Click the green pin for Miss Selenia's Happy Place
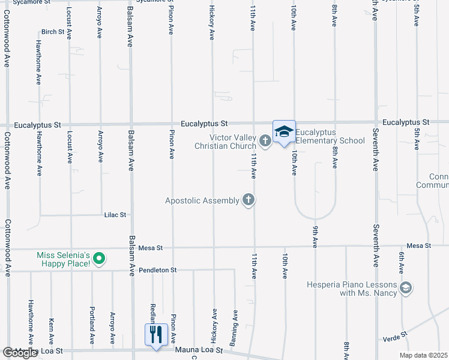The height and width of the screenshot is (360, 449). point(100,259)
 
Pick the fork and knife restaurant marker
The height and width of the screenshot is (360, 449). point(156,334)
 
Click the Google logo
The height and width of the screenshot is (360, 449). point(20,353)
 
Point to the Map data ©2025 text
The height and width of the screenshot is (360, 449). point(423,355)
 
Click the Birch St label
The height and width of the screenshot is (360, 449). point(53,32)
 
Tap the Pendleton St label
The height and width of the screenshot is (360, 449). point(157,270)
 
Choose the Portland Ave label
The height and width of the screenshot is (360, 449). point(92,329)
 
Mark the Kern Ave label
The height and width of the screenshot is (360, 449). point(51,331)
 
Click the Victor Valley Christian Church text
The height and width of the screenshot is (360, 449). point(232,142)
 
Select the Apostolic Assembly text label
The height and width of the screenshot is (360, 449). point(202,200)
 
